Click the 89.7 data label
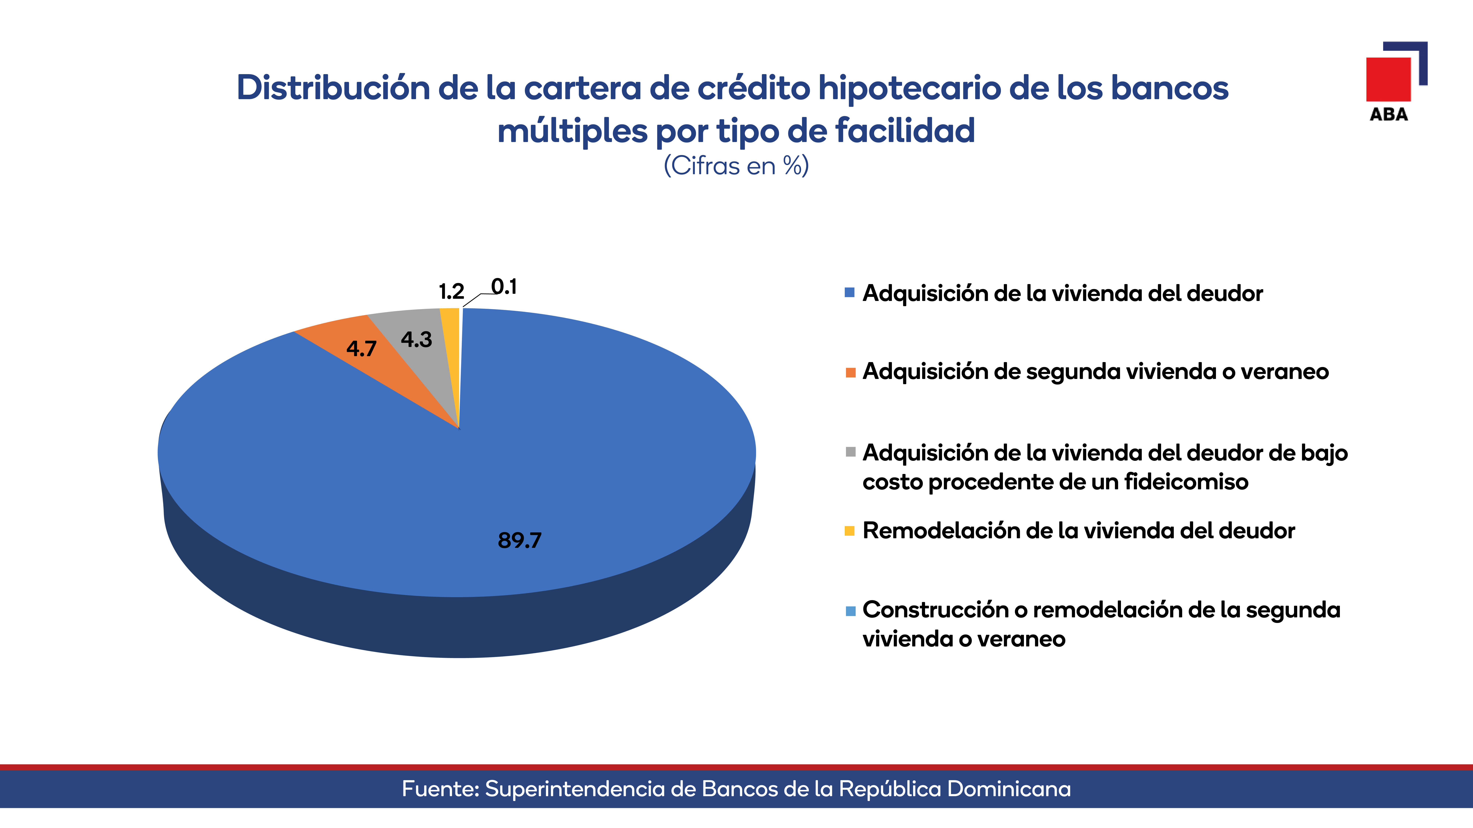519,540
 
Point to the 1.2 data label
451,291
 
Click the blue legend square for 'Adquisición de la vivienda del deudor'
850,292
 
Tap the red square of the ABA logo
1388,79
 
